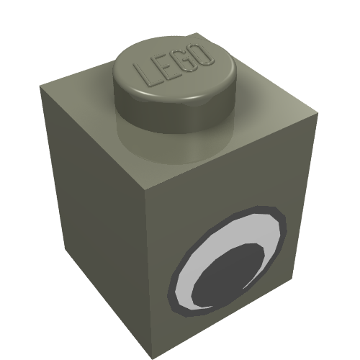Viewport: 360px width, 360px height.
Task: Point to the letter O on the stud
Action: tap(202, 54)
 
